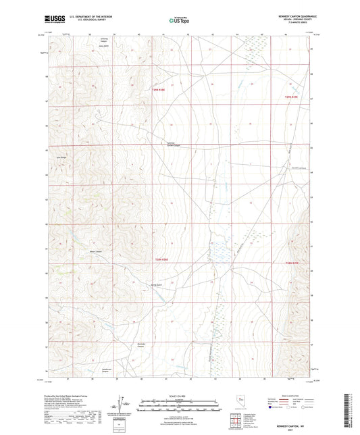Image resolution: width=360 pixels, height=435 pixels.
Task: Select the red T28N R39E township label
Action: click(x=292, y=263)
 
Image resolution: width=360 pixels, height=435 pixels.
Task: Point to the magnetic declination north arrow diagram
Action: click(x=124, y=403)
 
